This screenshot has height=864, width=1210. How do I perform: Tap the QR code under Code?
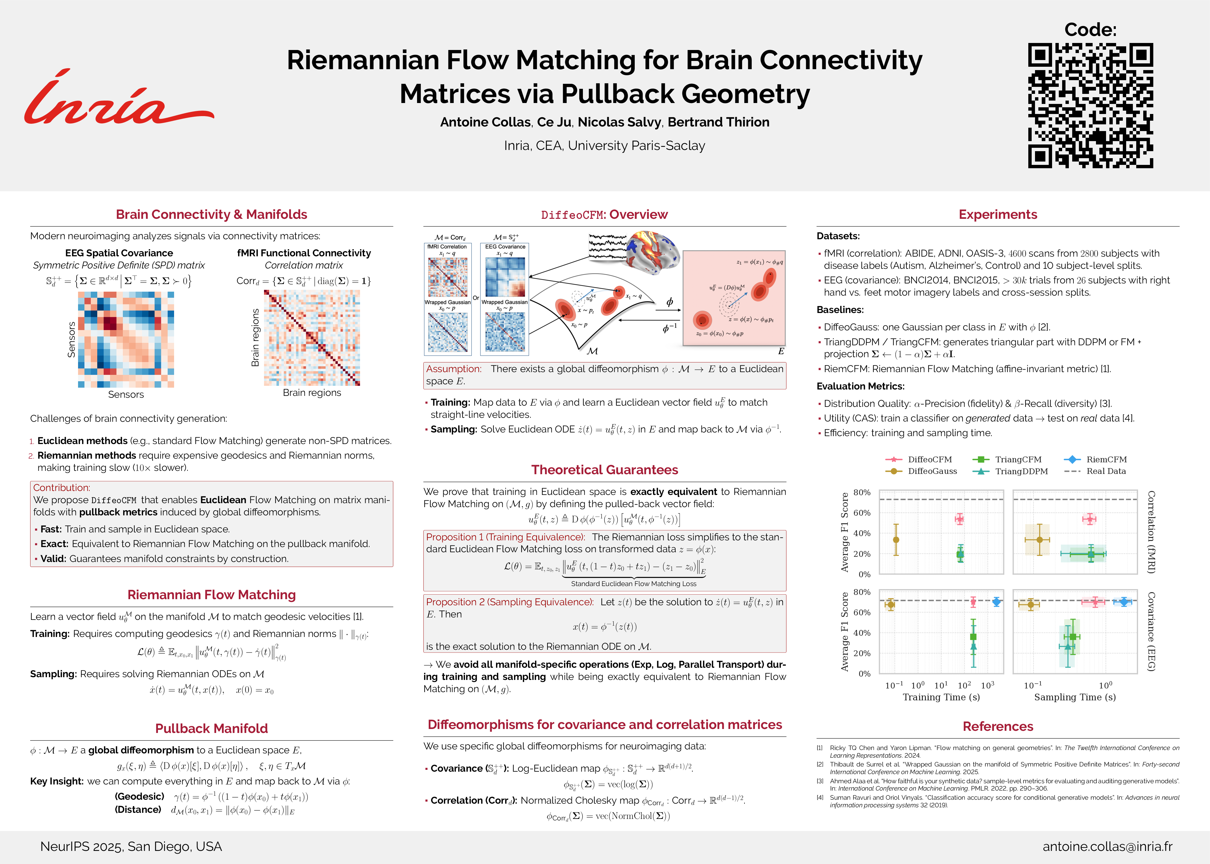point(1090,106)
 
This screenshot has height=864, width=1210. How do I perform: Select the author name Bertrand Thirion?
point(718,123)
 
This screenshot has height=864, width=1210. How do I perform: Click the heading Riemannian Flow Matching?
point(211,595)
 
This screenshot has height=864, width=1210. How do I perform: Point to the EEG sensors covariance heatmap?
point(126,340)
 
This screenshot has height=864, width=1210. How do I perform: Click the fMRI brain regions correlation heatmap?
point(312,338)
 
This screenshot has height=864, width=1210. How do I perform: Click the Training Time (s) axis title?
point(941,697)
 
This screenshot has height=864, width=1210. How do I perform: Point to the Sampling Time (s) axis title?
point(1075,697)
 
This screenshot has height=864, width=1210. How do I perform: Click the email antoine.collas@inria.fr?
point(1107,846)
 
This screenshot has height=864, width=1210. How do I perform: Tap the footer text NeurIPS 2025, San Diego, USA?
point(131,846)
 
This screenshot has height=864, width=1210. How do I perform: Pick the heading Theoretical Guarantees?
point(605,470)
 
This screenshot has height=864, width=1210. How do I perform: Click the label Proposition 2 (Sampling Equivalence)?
point(509,602)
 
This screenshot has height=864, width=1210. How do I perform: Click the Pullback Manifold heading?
point(211,728)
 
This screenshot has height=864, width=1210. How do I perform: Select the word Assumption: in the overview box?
point(453,369)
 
